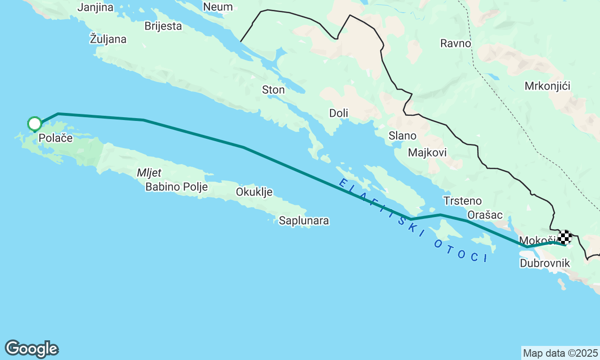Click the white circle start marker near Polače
click(35, 124)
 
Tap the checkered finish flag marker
click(565, 237)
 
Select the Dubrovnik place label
click(545, 263)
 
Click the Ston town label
click(273, 90)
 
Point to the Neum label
click(218, 7)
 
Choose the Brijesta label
click(163, 26)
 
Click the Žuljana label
click(108, 39)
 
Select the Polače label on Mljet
click(56, 138)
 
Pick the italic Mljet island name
click(149, 173)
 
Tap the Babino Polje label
click(176, 187)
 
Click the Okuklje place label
click(254, 192)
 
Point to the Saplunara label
click(304, 220)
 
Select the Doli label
click(338, 113)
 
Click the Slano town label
click(402, 136)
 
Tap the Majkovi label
click(427, 152)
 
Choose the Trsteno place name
click(462, 201)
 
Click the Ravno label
click(456, 44)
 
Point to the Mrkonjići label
click(547, 86)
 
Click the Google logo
click(31, 349)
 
